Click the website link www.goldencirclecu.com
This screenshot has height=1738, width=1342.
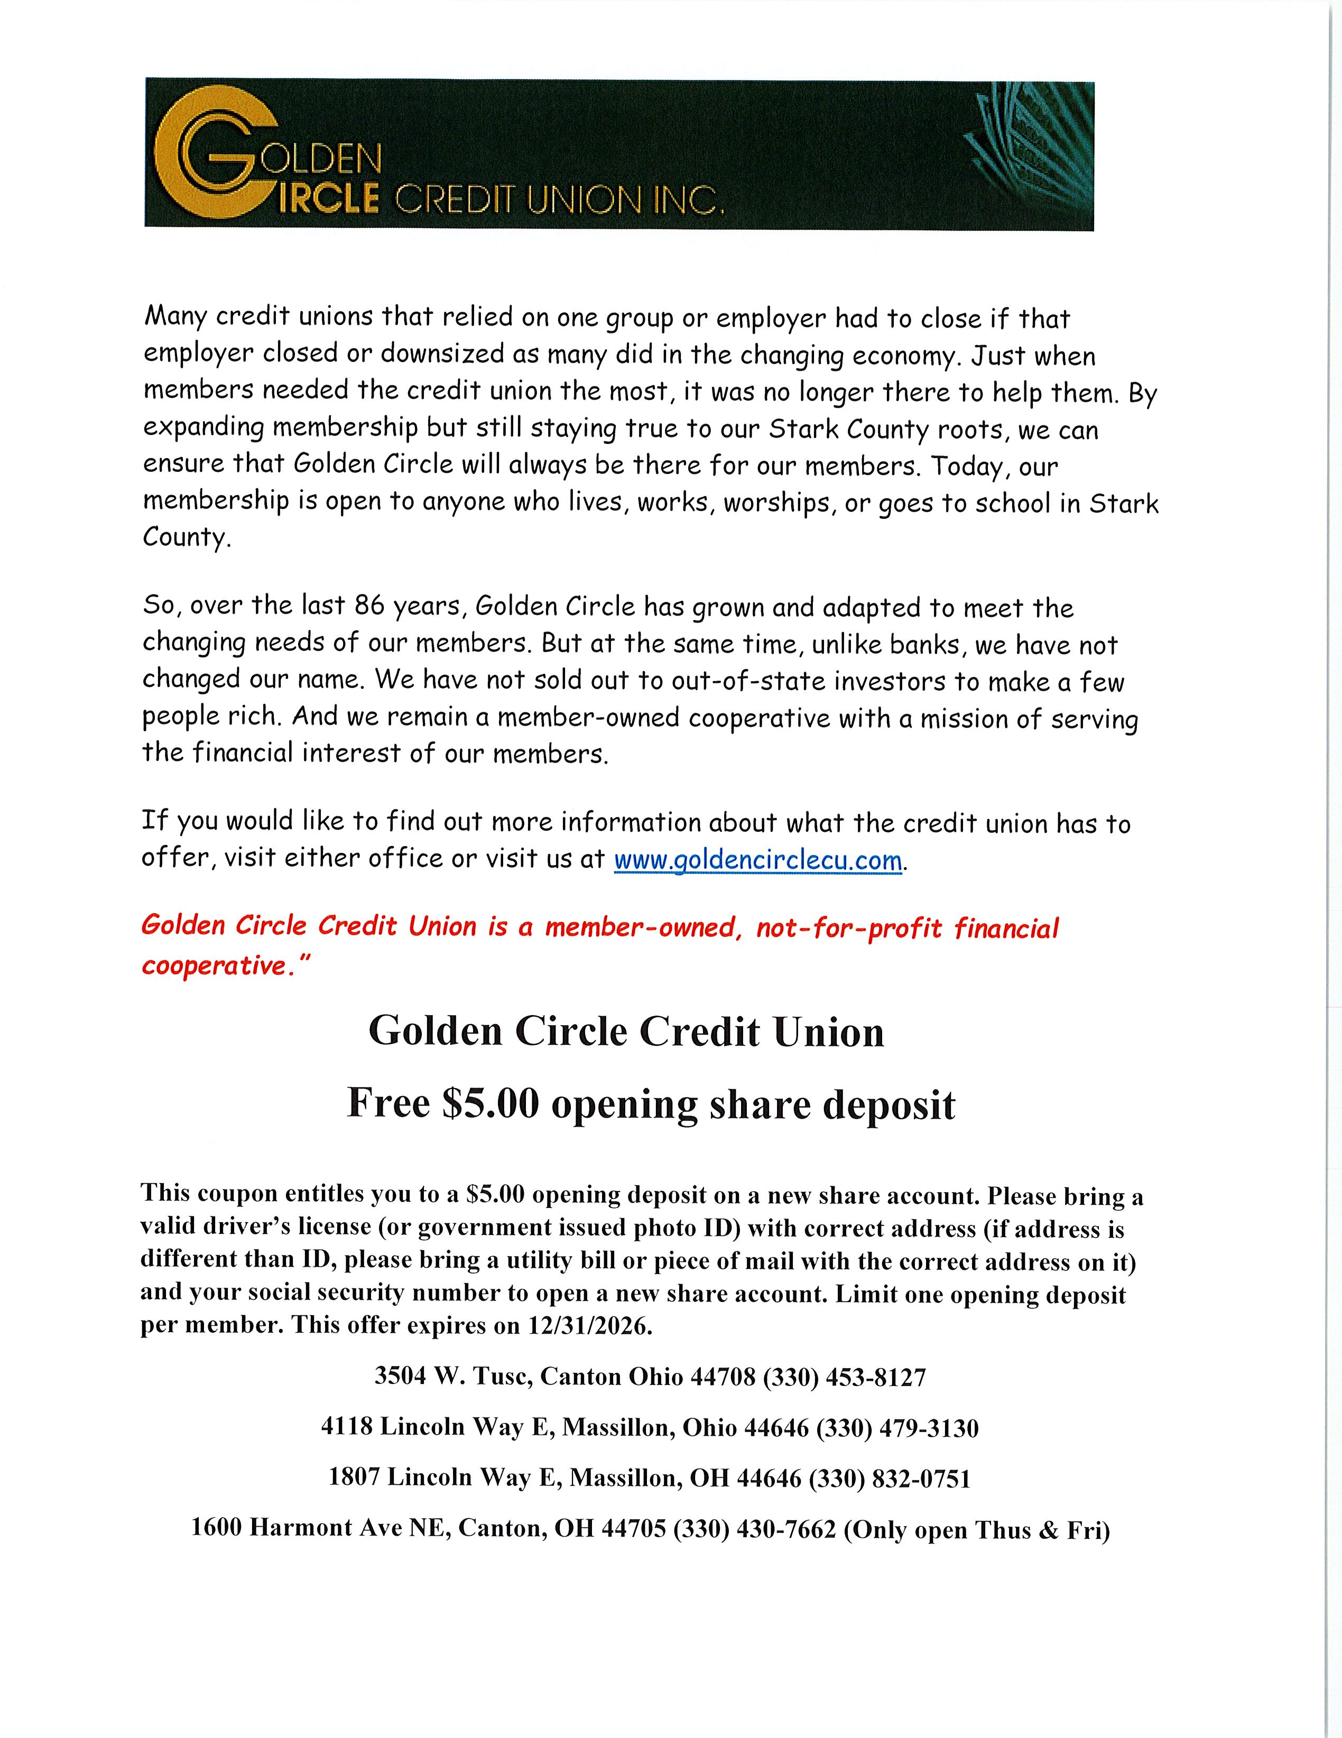pyautogui.click(x=758, y=861)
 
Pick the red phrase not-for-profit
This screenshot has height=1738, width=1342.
pyautogui.click(x=848, y=928)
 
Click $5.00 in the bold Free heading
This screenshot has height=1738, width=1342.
pyautogui.click(x=490, y=1104)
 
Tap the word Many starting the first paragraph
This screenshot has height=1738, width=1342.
pyautogui.click(x=177, y=317)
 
